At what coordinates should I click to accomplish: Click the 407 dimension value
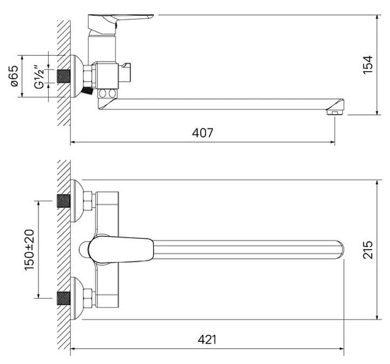(x=202, y=133)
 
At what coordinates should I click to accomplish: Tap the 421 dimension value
(x=207, y=339)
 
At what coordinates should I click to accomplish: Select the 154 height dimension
(x=368, y=65)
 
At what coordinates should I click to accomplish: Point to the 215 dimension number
(x=368, y=250)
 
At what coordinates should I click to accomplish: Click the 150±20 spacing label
(x=29, y=250)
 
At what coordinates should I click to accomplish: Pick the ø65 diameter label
(x=14, y=76)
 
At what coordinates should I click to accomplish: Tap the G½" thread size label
(x=39, y=77)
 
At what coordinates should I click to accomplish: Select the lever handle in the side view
(x=121, y=24)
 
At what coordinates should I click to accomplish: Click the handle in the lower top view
(x=121, y=250)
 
